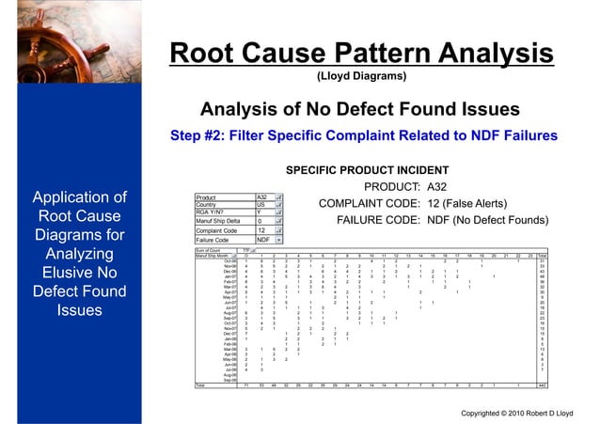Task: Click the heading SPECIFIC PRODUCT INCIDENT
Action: pyautogui.click(x=362, y=171)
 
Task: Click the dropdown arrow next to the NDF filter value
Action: pyautogui.click(x=279, y=239)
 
